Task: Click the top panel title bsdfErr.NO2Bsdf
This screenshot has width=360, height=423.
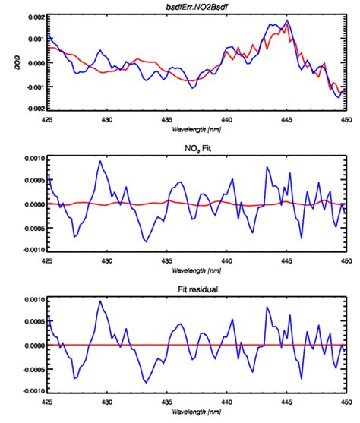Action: pyautogui.click(x=194, y=6)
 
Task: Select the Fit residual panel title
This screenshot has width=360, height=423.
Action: pyautogui.click(x=194, y=289)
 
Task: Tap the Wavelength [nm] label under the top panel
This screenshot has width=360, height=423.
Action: pyautogui.click(x=194, y=130)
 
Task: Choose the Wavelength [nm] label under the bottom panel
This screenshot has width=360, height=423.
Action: pyautogui.click(x=194, y=412)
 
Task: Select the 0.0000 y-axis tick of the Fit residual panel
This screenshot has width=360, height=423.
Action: pyautogui.click(x=30, y=346)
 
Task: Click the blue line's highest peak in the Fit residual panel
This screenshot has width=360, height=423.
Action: pyautogui.click(x=99, y=301)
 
